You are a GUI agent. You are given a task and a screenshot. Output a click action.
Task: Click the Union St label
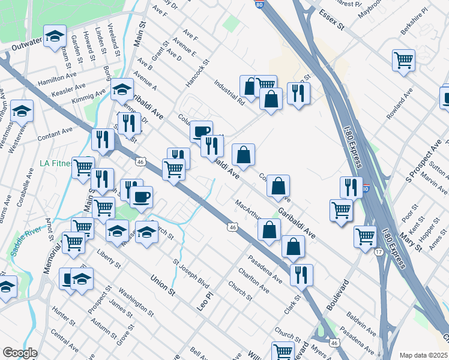(x=162, y=285)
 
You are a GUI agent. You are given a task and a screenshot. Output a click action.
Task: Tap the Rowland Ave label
(x=399, y=104)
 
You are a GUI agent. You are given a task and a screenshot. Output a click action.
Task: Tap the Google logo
(x=20, y=353)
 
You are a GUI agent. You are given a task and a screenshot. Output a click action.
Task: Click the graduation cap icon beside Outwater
(x=55, y=37)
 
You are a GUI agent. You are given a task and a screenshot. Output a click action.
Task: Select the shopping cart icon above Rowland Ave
(x=404, y=60)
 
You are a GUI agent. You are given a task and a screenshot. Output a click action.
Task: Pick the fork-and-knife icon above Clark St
(x=301, y=274)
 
